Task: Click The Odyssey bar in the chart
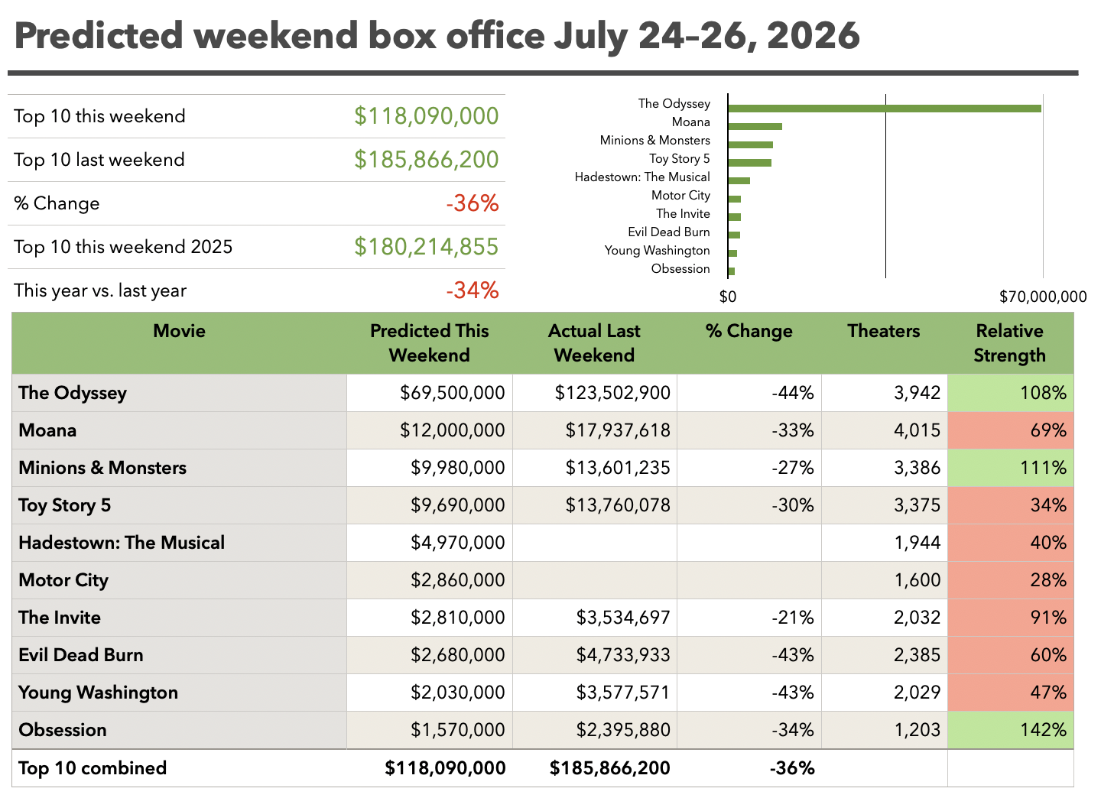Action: click(885, 109)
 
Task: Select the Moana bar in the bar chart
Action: click(755, 127)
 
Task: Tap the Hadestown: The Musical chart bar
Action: click(739, 181)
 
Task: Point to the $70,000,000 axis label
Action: click(1043, 297)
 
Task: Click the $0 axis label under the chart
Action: click(727, 297)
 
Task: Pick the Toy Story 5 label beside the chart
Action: click(679, 159)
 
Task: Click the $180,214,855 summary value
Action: click(426, 247)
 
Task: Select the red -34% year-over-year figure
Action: click(473, 290)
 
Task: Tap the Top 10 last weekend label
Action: click(99, 160)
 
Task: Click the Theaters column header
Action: click(884, 331)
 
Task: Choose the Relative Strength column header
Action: click(1009, 343)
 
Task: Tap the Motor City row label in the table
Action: click(63, 580)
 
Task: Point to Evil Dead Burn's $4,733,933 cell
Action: click(622, 655)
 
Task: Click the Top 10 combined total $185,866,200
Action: click(609, 768)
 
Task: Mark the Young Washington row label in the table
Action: click(99, 693)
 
